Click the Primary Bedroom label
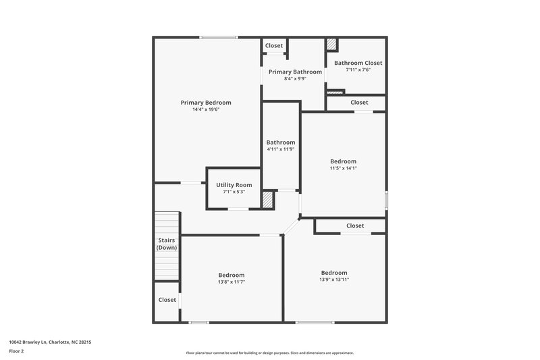(206, 103)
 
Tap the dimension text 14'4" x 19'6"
(206, 109)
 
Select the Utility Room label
(234, 185)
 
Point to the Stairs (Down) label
(167, 244)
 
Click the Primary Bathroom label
(294, 72)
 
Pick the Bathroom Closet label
(358, 63)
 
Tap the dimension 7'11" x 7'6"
(358, 70)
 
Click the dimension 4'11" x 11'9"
(280, 149)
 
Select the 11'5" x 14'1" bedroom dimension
(343, 168)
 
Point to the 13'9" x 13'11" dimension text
(334, 280)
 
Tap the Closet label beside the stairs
(167, 300)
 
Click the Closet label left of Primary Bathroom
(274, 46)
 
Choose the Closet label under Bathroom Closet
(360, 103)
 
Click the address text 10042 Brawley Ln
(50, 342)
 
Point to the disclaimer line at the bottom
(269, 353)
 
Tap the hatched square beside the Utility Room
(268, 200)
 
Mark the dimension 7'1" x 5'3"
(234, 192)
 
